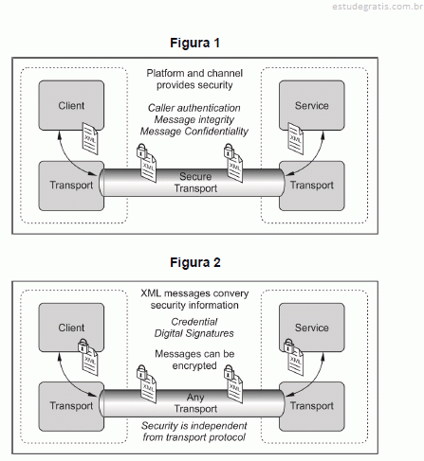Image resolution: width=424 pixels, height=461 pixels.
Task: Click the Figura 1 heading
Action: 194,43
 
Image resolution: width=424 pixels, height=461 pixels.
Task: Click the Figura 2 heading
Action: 195,262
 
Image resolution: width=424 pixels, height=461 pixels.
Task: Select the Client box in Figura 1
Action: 71,105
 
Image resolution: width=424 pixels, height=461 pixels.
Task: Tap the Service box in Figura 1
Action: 312,105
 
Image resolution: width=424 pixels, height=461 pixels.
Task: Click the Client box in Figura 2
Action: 71,328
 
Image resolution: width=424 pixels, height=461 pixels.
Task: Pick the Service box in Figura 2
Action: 312,328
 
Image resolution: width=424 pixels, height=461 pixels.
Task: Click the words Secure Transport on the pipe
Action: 195,183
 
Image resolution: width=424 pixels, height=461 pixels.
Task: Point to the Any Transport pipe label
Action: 195,402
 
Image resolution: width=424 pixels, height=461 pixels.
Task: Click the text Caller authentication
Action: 194,108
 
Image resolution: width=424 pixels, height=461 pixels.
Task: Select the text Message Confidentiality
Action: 194,132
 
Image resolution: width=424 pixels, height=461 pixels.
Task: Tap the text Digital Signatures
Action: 194,333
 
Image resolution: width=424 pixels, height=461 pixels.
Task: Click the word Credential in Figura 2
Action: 194,322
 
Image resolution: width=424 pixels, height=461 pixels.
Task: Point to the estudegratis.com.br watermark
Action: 378,7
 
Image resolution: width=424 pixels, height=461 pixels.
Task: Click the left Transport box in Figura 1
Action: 71,186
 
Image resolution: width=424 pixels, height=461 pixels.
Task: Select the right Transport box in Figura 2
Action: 312,406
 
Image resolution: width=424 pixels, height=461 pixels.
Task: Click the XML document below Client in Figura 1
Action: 90,138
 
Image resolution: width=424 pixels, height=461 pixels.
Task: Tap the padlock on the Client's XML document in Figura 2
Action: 83,346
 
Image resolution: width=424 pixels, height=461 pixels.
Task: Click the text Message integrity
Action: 194,119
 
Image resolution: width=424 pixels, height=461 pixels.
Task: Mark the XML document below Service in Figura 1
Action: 295,138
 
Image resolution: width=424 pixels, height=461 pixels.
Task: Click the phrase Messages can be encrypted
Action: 194,360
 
